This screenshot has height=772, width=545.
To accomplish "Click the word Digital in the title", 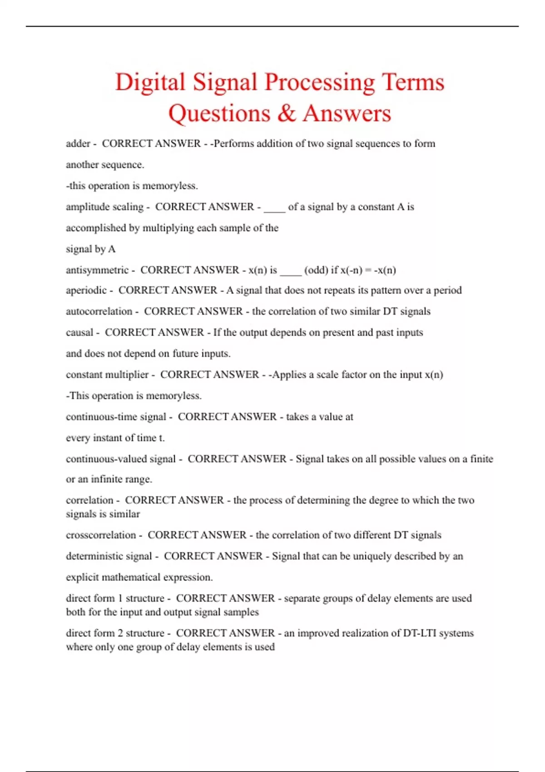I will [x=150, y=83].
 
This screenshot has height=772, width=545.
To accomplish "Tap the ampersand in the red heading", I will [x=286, y=113].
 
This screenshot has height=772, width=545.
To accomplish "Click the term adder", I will [x=78, y=144].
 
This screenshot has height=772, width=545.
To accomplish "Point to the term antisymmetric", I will [x=97, y=270].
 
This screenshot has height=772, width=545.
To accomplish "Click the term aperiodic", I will [x=86, y=290].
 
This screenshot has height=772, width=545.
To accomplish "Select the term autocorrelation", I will [x=99, y=312].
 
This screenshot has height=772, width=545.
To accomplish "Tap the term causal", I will [x=79, y=332].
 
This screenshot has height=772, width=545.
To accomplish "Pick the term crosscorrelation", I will [x=101, y=535].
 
